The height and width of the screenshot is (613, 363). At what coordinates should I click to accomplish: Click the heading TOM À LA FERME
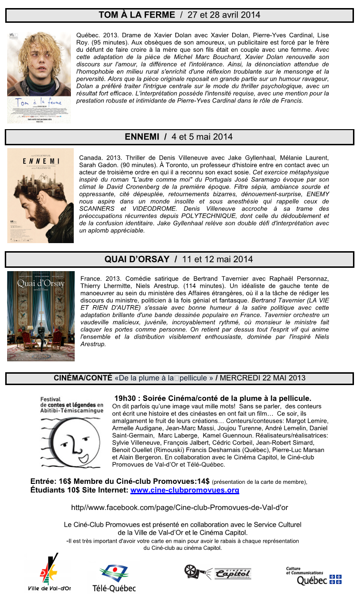coord(137,15)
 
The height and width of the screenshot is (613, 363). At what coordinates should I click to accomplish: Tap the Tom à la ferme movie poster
coord(39,77)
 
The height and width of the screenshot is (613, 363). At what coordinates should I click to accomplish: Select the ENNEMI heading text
coord(142,137)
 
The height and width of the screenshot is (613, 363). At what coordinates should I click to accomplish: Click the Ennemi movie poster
coord(40,196)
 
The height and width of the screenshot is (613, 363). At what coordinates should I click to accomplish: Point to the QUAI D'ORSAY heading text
coord(137,259)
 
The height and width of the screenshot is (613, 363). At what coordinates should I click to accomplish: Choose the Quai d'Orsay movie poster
coord(41,316)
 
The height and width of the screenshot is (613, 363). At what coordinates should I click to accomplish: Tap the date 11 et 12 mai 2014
coord(217,259)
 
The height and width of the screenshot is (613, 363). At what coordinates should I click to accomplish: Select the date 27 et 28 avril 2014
coord(224,15)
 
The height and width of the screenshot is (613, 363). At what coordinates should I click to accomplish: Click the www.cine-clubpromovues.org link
coord(185,490)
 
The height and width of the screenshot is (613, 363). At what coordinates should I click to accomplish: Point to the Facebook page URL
coord(179,508)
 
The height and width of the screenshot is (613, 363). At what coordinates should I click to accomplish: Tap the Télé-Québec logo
coord(114,577)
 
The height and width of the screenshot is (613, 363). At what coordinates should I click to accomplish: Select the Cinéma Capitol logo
coord(218,572)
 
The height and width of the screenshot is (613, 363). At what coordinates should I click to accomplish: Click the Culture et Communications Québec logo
coord(313,575)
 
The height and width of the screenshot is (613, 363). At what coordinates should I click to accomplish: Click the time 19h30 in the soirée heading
coord(125,398)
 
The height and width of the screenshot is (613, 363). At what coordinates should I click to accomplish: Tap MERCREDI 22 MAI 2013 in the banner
coord(263,378)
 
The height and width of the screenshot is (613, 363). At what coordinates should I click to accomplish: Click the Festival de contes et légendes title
coord(71,405)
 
